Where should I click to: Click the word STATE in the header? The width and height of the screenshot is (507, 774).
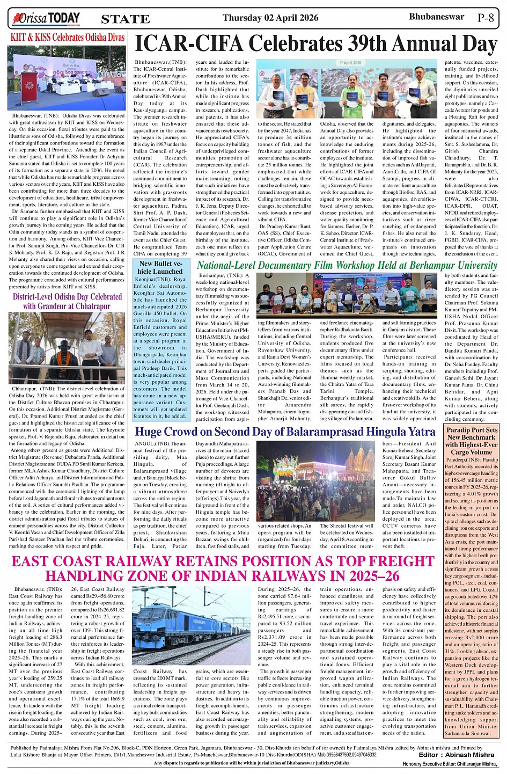[125, 19]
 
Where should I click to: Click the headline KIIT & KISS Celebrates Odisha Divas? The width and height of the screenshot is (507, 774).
[68, 38]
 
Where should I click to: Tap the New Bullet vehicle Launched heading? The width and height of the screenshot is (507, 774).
[160, 267]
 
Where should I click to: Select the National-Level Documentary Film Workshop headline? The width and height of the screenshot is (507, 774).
[347, 265]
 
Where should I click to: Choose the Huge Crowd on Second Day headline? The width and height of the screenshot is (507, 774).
[285, 432]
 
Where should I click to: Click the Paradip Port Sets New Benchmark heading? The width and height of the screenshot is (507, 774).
[472, 441]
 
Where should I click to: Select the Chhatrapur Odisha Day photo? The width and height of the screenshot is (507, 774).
[67, 348]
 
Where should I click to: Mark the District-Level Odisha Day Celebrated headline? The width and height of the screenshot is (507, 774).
[67, 301]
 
